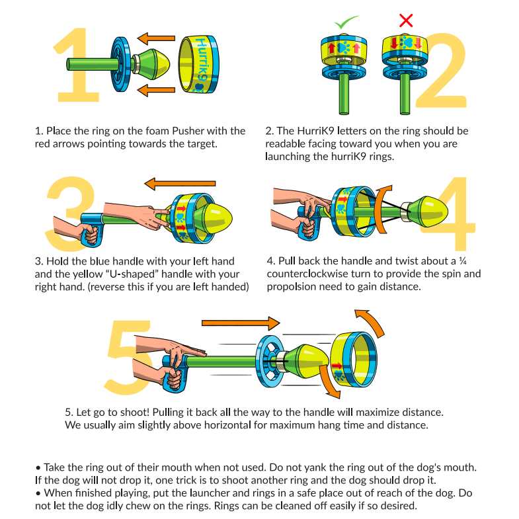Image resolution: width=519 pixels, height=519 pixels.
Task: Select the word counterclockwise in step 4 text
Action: pyautogui.click(x=303, y=274)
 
